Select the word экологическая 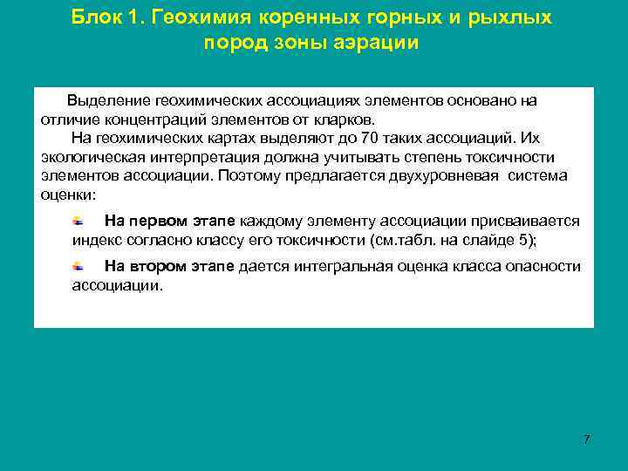pos(91,156)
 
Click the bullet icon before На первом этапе pos(78,220)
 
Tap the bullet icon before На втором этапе pos(78,266)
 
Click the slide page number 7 pos(587,439)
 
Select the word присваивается pos(529,221)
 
